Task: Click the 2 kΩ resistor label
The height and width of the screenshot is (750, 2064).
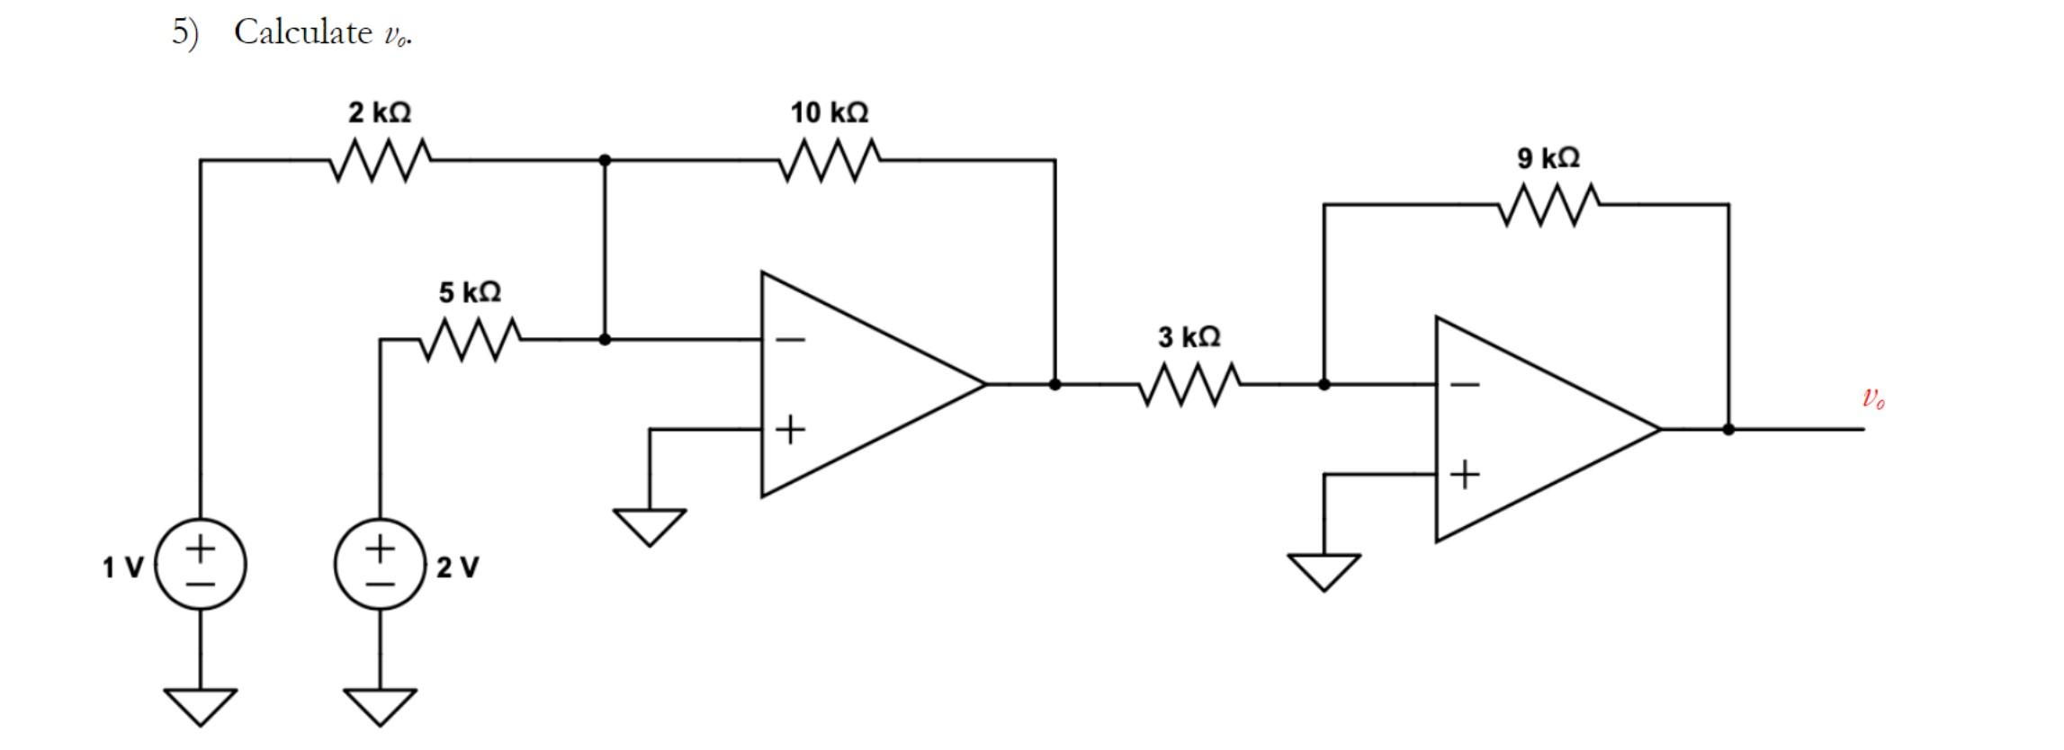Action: [x=380, y=113]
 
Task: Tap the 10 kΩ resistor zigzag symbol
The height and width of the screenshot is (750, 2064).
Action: [x=830, y=161]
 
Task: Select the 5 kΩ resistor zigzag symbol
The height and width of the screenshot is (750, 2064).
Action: [x=470, y=340]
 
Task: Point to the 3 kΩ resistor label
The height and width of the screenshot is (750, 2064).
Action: [x=1189, y=337]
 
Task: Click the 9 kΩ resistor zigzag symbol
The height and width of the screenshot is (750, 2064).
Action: [x=1548, y=205]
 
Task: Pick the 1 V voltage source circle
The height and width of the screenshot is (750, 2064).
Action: [x=201, y=565]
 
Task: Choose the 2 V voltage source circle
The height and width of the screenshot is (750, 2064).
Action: [x=380, y=565]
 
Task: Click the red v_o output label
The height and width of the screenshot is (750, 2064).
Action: [x=1873, y=397]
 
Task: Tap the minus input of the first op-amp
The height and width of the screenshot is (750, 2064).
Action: [x=790, y=340]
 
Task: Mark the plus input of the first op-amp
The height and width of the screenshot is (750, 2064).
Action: [x=790, y=430]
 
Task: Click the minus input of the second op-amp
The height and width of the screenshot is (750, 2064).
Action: [x=1465, y=385]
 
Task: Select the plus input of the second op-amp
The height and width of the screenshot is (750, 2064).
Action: [x=1465, y=474]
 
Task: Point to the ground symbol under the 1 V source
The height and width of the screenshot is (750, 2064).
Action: [x=201, y=706]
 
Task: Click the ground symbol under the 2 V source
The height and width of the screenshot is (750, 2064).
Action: [x=380, y=706]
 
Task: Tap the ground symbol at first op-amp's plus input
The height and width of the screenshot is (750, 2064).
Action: [x=650, y=526]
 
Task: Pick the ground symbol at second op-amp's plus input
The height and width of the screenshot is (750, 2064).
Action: [x=1324, y=571]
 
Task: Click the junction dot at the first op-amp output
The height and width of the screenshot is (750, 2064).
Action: [x=1054, y=385]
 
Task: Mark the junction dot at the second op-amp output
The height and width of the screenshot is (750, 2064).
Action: [x=1728, y=430]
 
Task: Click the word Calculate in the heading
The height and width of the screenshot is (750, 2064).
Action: [x=302, y=32]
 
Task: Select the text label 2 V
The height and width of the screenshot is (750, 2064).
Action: [x=458, y=567]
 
